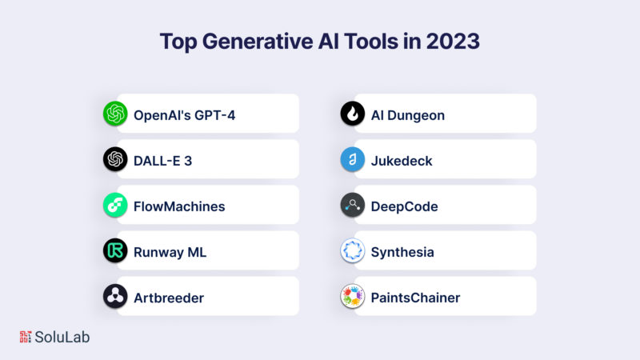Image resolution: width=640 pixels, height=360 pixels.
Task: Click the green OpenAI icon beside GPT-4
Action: click(115, 114)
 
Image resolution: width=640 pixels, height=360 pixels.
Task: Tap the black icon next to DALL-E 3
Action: click(115, 159)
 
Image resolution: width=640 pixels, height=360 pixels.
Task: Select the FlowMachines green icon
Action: click(115, 205)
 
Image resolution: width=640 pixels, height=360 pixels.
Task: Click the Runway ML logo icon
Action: click(115, 250)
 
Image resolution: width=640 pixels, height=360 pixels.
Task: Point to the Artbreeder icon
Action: click(115, 296)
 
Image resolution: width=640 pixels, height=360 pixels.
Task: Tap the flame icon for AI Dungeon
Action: click(353, 114)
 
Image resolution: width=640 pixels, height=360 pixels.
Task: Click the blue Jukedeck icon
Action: click(353, 159)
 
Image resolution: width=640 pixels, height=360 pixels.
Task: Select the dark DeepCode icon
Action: click(353, 205)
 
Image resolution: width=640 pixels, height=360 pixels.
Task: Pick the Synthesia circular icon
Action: click(353, 250)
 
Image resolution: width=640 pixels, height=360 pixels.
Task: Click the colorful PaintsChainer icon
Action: click(353, 296)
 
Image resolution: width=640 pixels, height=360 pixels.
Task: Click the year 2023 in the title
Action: click(453, 42)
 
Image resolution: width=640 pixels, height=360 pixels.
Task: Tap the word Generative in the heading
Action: click(258, 42)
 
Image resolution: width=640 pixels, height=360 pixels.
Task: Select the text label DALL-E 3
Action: click(163, 161)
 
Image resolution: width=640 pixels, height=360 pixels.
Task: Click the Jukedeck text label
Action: click(402, 161)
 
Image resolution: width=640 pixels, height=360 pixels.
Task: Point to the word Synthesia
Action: click(402, 253)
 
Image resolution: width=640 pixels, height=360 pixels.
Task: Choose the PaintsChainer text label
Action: click(415, 298)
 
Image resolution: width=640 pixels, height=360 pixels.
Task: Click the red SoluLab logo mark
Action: click(26, 337)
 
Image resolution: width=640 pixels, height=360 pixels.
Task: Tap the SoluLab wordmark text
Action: click(62, 337)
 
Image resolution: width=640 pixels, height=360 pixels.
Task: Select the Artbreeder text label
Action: click(169, 298)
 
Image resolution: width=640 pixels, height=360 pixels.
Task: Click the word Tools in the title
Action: click(371, 42)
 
